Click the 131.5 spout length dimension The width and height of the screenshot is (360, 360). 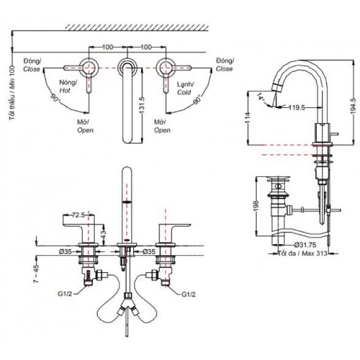[142, 106]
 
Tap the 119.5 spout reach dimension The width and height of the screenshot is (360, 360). [296, 107]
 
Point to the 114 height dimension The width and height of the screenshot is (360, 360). [248, 118]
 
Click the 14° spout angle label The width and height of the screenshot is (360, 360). [261, 98]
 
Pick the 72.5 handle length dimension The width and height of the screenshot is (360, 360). [78, 215]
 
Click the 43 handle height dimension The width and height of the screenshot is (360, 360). [104, 234]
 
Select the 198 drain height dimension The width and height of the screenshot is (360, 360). [256, 206]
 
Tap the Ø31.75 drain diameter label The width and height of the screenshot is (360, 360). [305, 245]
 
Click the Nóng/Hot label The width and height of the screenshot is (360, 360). [67, 86]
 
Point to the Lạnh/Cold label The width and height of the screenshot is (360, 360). [185, 88]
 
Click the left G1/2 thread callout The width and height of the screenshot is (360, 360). [65, 293]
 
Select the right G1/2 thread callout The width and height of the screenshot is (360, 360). [188, 295]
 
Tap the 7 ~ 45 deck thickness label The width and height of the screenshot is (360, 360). [37, 274]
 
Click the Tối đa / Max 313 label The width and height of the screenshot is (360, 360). [303, 253]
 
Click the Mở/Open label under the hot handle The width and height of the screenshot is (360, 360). [85, 126]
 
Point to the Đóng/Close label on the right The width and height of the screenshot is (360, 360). [225, 65]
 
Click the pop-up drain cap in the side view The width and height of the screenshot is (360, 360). [278, 178]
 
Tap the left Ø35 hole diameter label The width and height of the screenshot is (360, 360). [65, 251]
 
